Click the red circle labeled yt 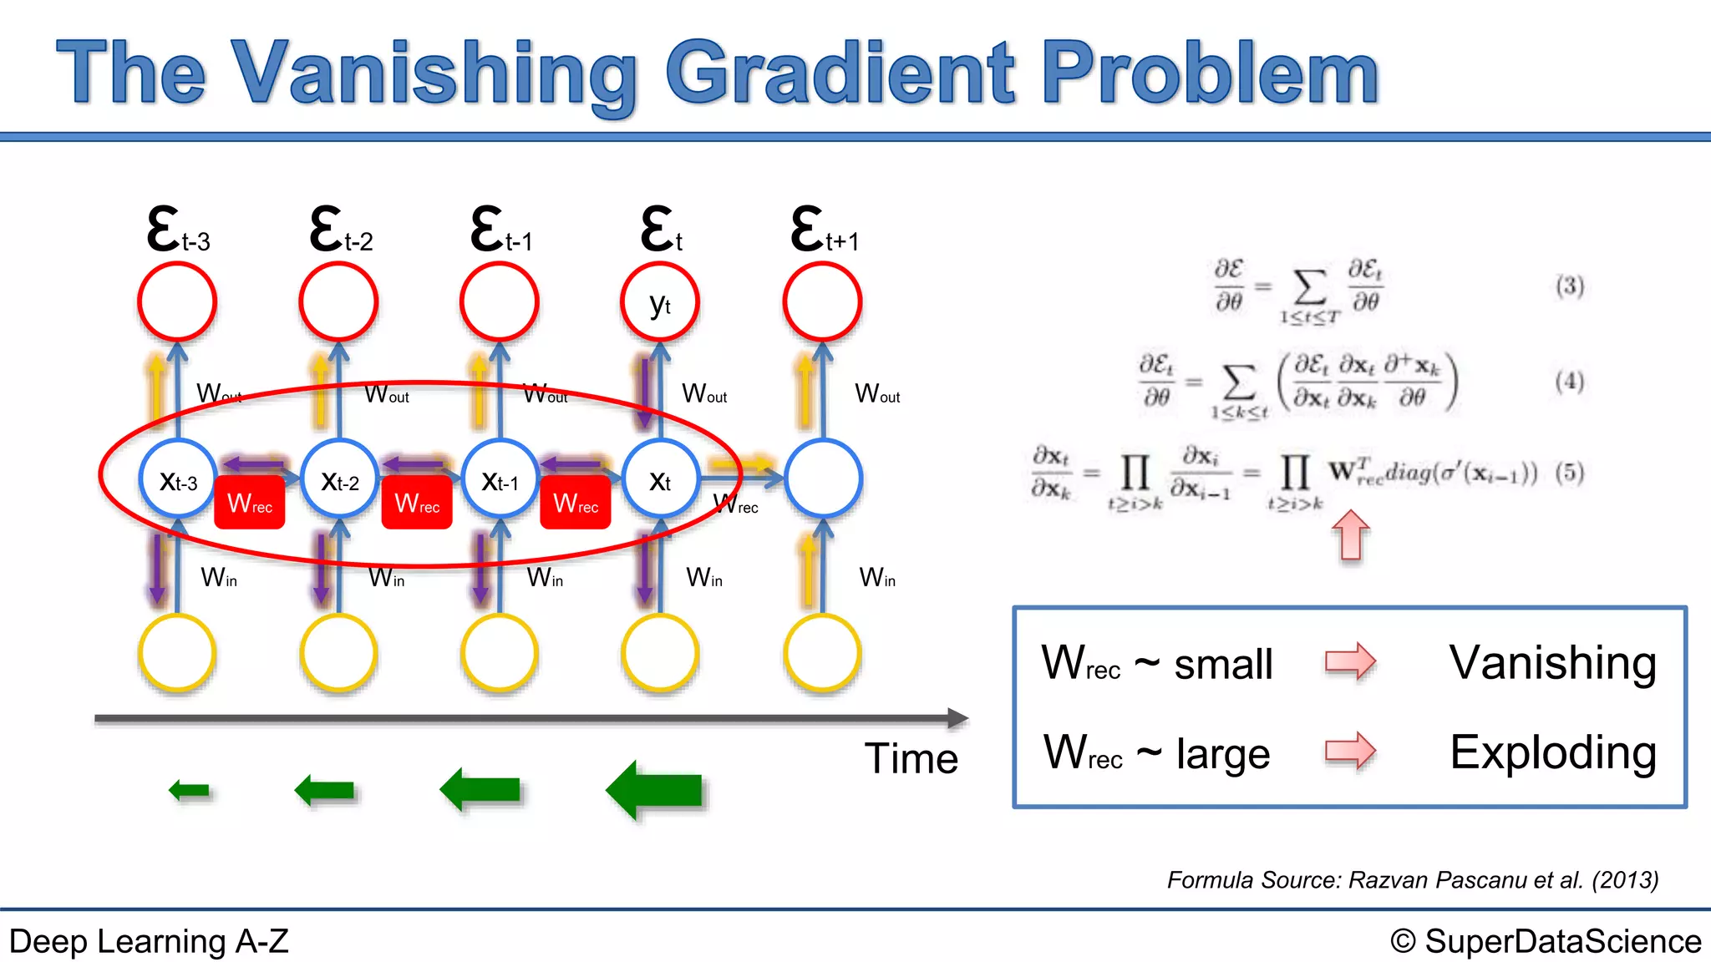pos(660,302)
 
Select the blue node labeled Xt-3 pos(178,479)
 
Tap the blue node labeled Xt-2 pos(339,479)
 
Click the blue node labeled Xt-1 pos(500,479)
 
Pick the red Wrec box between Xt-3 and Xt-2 pos(250,503)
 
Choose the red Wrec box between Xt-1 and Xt pos(576,503)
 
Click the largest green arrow pos(656,790)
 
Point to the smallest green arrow pos(190,790)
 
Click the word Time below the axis pos(911,758)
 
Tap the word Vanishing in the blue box pos(1552,663)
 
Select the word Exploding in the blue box pos(1552,752)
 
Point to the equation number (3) pos(1570,286)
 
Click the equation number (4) pos(1570,382)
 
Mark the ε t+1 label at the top pos(824,230)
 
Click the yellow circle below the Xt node pos(660,653)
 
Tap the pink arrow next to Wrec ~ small pos(1350,662)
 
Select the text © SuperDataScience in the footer pos(1546,941)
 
